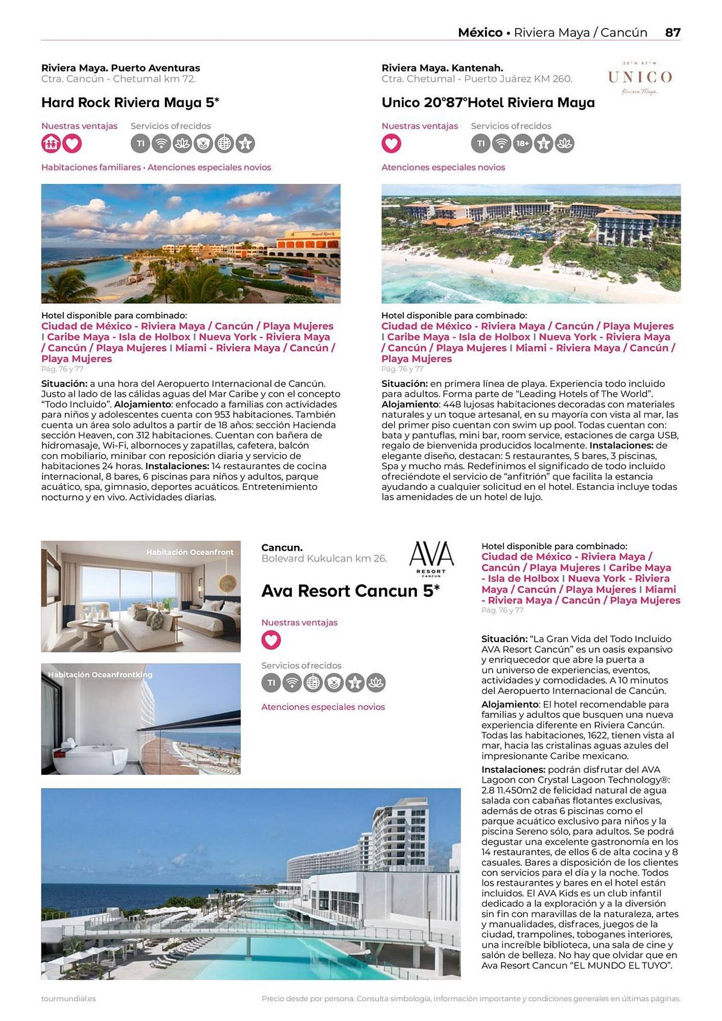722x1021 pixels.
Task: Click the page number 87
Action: (672, 33)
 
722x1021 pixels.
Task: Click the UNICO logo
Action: (639, 78)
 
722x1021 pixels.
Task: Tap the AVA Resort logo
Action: (431, 558)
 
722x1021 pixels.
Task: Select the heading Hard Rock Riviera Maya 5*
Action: (130, 103)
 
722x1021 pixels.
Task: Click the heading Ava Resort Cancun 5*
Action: (350, 591)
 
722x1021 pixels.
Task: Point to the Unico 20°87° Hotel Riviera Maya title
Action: (488, 103)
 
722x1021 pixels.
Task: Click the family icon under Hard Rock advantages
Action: (51, 143)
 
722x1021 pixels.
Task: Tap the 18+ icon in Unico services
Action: (522, 143)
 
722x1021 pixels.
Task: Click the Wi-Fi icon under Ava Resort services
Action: (292, 683)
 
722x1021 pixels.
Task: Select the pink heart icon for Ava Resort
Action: (271, 640)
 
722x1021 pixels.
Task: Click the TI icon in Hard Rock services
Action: (140, 143)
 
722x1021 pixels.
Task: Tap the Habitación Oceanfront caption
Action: (189, 552)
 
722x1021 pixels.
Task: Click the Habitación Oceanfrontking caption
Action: (100, 675)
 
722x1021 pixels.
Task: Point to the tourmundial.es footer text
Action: (68, 999)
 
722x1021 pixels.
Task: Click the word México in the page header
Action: (480, 33)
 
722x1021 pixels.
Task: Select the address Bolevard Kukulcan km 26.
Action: (324, 558)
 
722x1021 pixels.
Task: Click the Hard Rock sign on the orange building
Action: (322, 234)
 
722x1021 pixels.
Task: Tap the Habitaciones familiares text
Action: (91, 167)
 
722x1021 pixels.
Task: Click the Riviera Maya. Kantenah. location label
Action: (442, 68)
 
